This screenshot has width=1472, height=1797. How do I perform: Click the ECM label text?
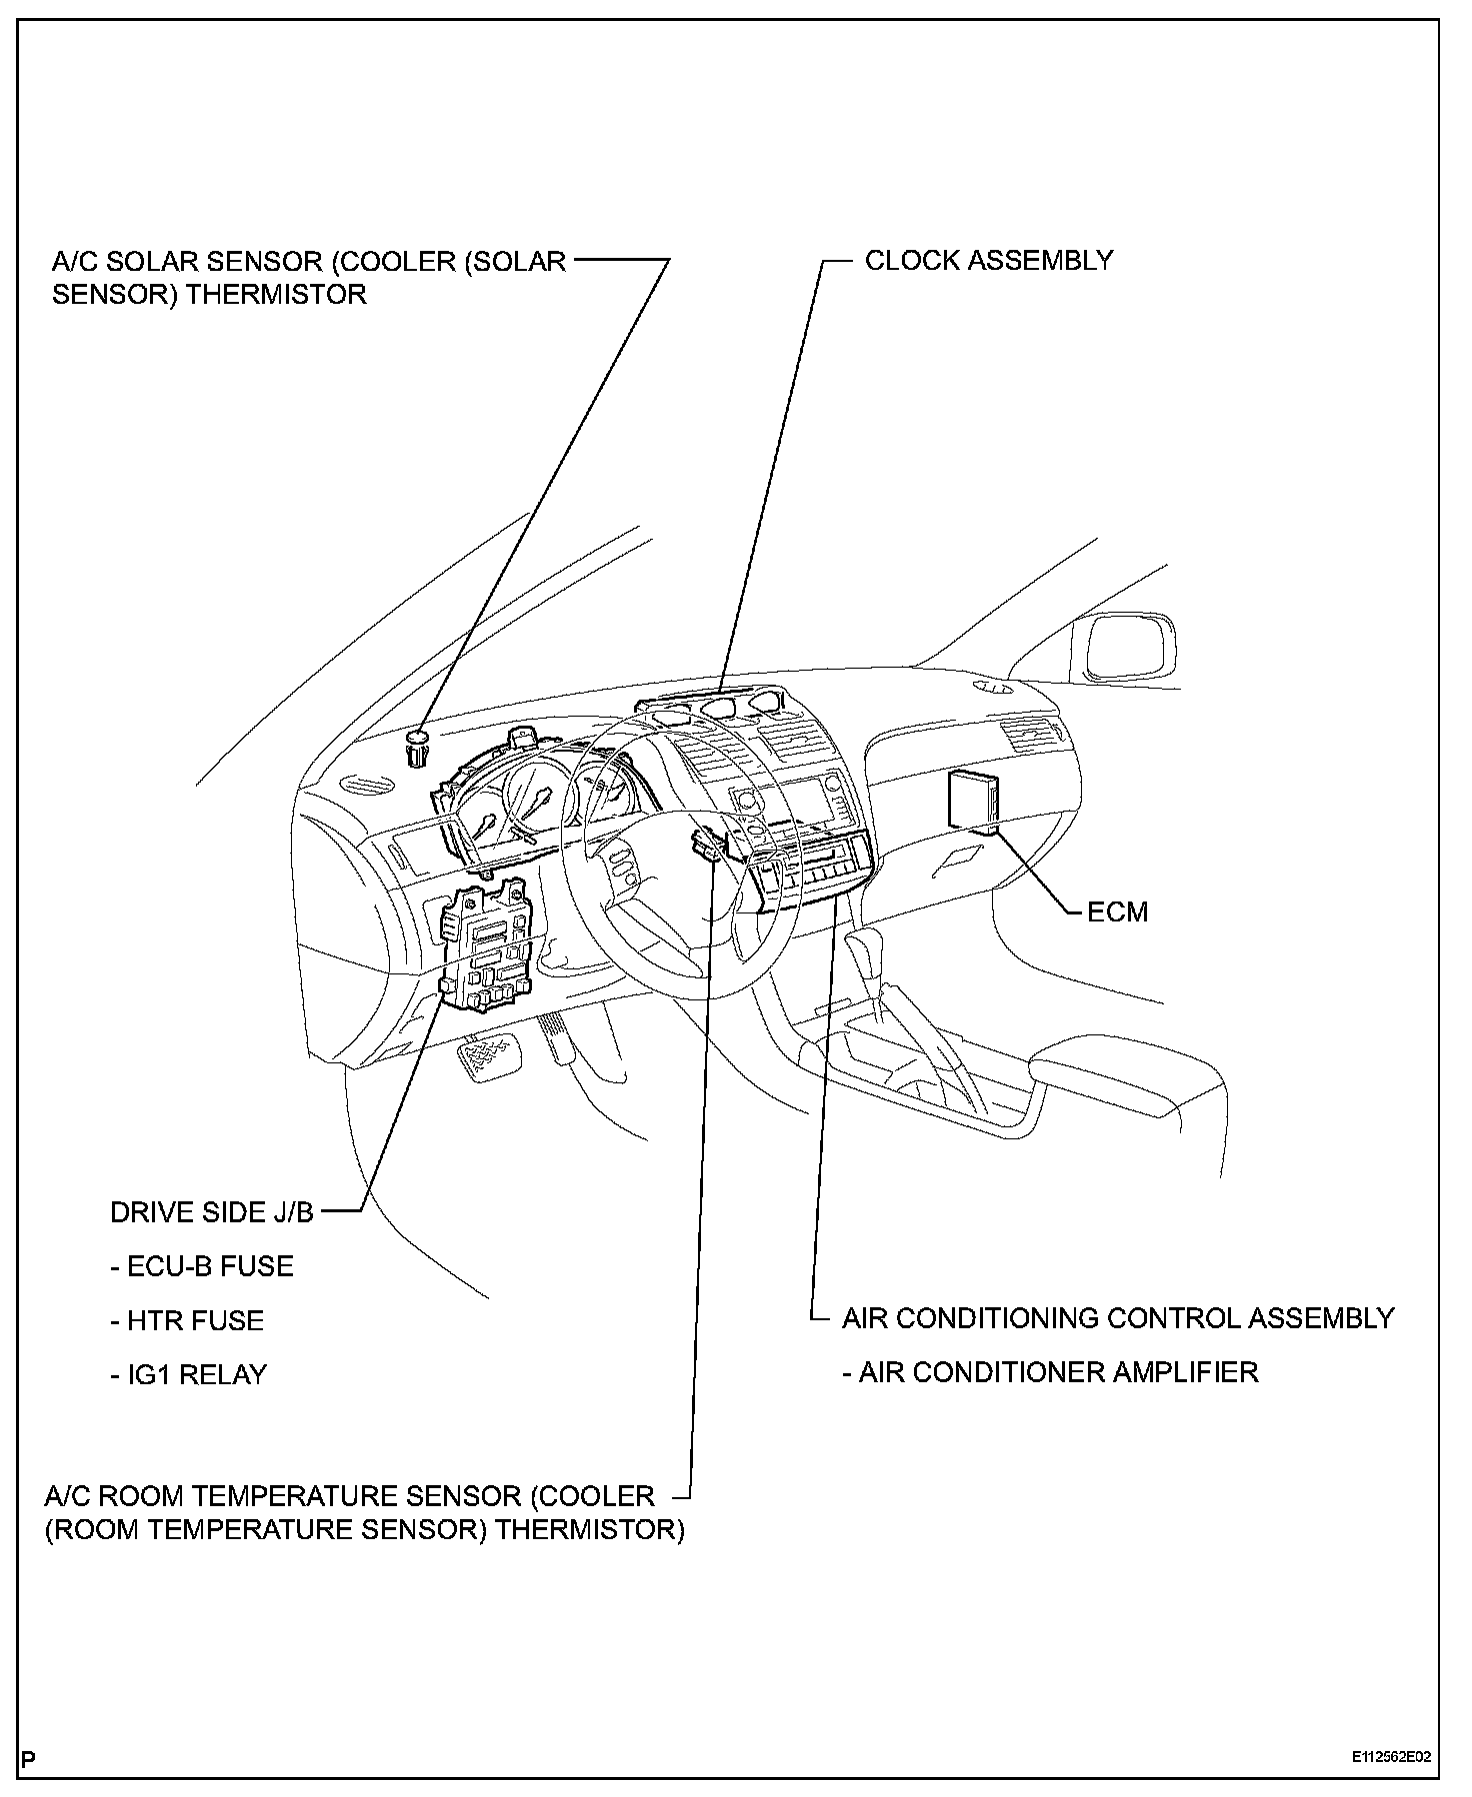(1117, 911)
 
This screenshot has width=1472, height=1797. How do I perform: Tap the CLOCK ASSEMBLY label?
(988, 260)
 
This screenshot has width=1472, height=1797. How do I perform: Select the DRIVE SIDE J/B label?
(211, 1212)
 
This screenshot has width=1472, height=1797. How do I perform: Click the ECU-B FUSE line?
(202, 1266)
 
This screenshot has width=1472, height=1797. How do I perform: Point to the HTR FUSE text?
(187, 1320)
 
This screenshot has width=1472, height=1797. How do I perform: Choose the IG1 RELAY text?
(189, 1374)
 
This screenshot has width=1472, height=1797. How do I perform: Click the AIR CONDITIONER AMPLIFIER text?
(1050, 1371)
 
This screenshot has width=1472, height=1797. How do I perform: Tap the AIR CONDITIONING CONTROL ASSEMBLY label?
(1118, 1317)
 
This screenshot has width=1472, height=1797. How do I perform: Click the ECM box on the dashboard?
(973, 800)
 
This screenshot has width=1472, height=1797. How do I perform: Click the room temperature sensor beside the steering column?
(706, 845)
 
